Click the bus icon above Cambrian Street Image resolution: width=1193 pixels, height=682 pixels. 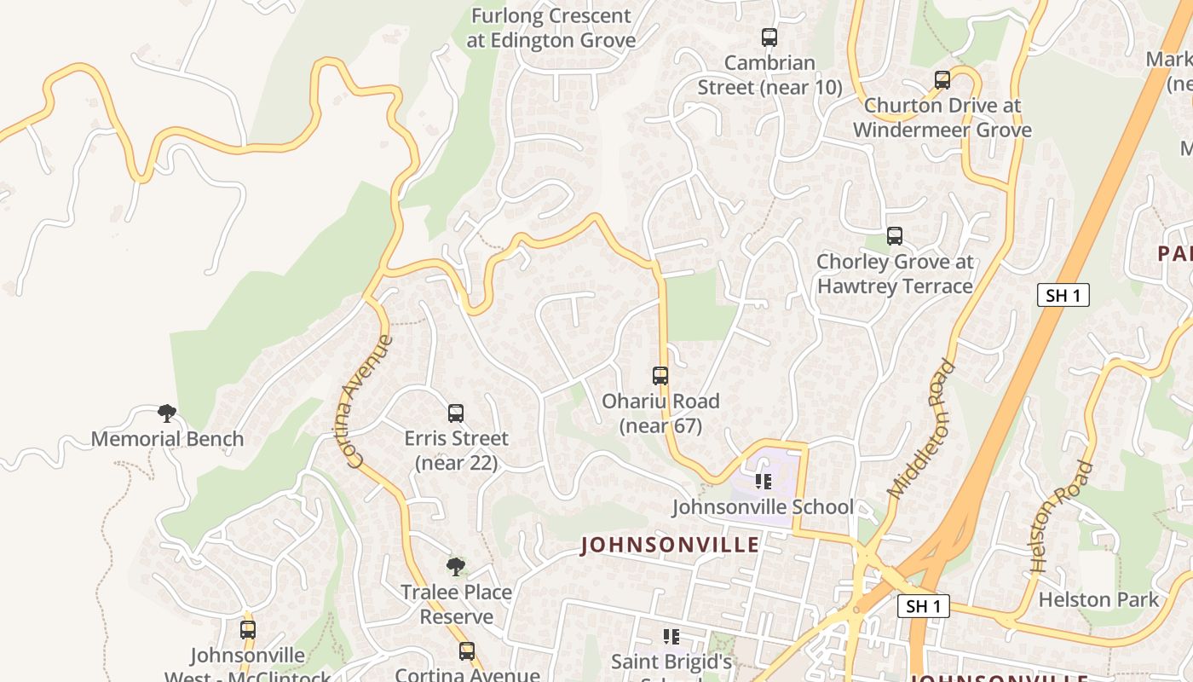coord(769,38)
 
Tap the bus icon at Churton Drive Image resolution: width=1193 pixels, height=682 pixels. coord(942,80)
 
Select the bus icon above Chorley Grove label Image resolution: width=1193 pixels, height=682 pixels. coord(894,236)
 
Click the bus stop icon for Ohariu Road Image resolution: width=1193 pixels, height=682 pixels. coord(660,375)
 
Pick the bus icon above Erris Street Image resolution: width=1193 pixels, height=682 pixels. coord(456,413)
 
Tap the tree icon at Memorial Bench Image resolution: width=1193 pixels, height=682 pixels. coord(167,413)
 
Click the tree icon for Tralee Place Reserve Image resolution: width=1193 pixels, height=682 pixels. coord(456,566)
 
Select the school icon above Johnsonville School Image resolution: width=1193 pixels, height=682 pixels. coord(763,482)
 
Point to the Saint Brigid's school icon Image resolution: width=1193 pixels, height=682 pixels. coord(671,636)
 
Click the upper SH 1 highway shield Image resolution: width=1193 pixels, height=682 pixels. coord(1063,295)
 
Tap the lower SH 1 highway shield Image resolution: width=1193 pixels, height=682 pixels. coord(924,606)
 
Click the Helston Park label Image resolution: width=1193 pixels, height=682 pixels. coord(1098,599)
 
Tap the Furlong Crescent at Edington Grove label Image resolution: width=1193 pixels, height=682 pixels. coord(551,28)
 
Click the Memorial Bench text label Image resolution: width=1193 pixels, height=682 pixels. coord(167,439)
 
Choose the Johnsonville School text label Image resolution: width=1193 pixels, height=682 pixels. coord(763,507)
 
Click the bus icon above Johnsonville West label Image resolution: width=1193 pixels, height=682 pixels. coord(248,630)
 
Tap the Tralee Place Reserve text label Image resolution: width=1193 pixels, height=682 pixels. coord(457,604)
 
